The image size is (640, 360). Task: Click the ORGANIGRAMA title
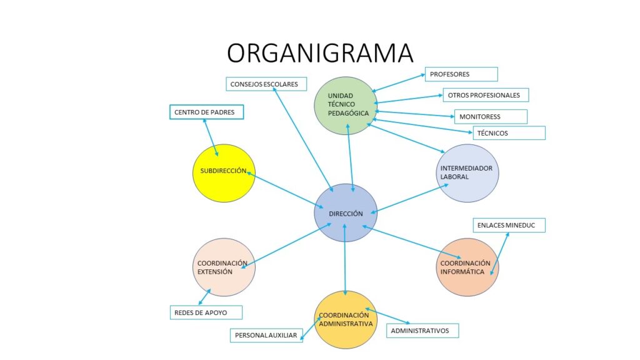[x=320, y=53]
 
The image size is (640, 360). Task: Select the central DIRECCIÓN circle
[x=345, y=213]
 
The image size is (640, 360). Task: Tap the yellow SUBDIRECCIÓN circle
[x=223, y=173]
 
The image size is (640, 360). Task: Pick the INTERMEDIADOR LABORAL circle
[x=467, y=173]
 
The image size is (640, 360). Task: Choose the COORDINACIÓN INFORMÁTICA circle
[x=467, y=267]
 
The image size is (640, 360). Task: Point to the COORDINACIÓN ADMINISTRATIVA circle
[x=346, y=319]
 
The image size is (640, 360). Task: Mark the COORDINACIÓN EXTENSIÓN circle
[x=223, y=267]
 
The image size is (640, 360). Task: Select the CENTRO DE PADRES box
[x=206, y=112]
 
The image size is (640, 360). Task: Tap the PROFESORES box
[x=461, y=74]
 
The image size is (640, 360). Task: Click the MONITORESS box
[x=491, y=117]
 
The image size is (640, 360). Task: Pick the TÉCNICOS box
[x=509, y=133]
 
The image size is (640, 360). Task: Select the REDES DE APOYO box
[x=206, y=312]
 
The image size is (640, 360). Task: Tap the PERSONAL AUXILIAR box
[x=266, y=335]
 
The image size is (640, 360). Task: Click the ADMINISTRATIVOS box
[x=422, y=331]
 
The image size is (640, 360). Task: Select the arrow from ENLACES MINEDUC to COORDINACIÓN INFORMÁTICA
[x=501, y=254]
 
